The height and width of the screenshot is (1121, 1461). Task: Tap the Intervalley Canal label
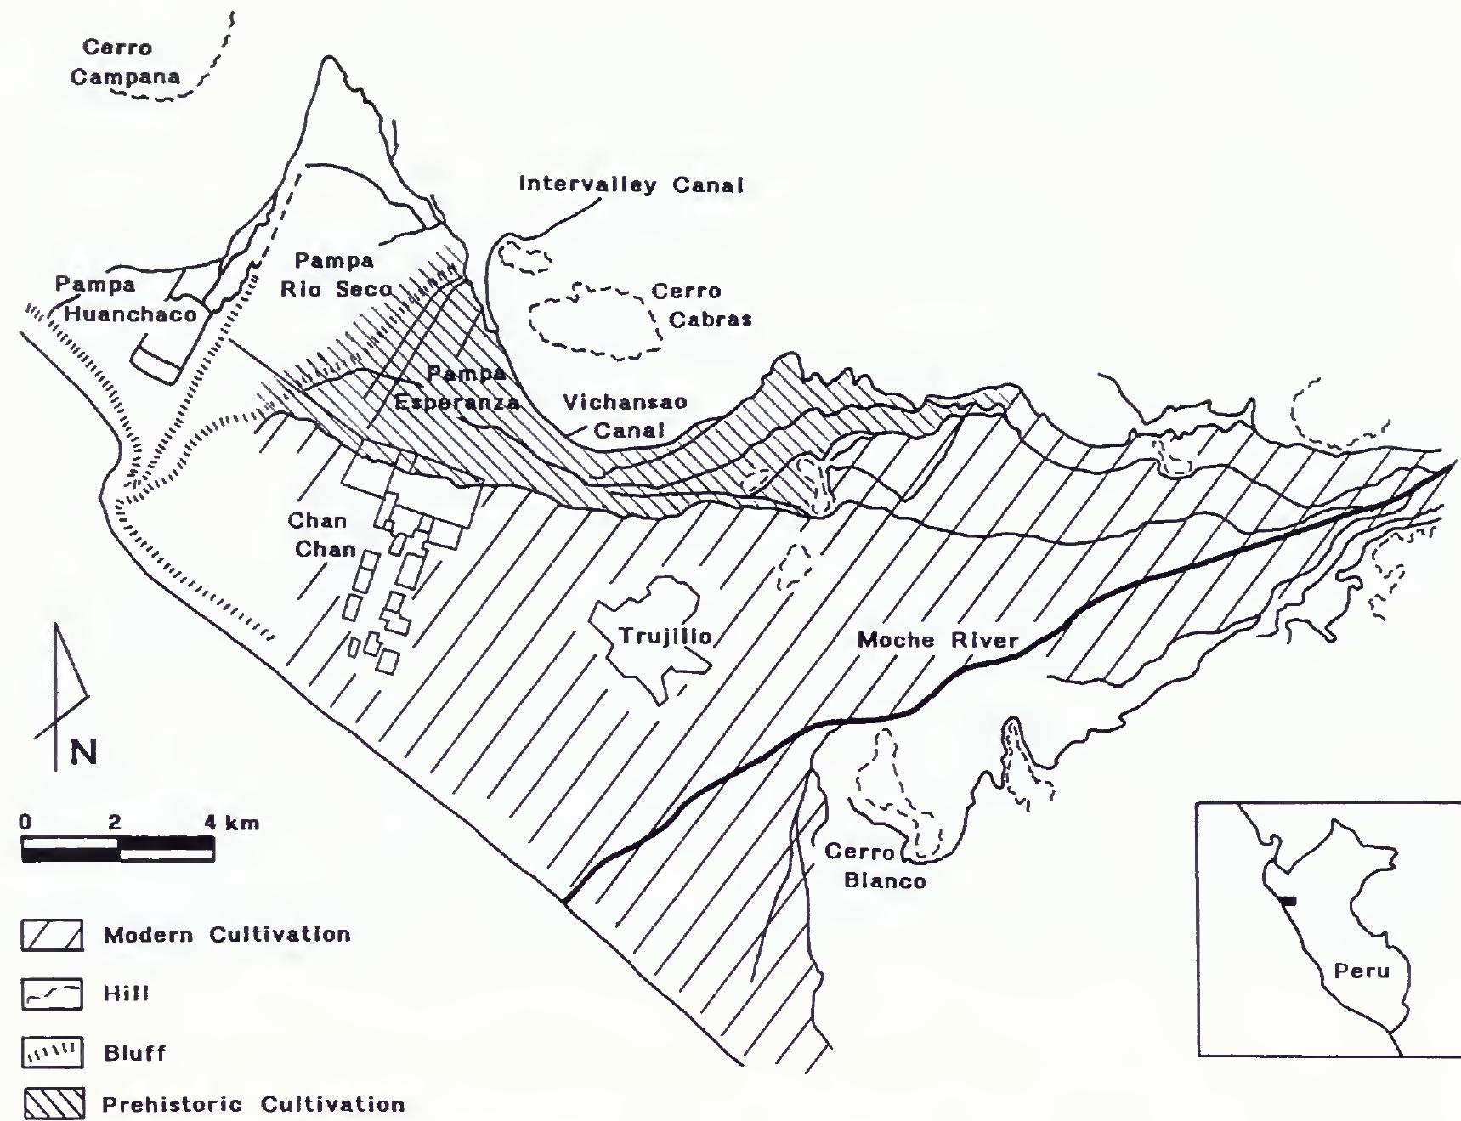(631, 184)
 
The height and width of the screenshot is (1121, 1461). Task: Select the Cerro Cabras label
(701, 305)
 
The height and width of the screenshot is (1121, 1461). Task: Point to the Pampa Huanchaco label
(126, 299)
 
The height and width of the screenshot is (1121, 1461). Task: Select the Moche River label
(937, 640)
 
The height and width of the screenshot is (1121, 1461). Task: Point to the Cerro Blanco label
(884, 866)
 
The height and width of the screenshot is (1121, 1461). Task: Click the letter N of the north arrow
(83, 753)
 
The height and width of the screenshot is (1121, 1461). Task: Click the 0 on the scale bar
(25, 823)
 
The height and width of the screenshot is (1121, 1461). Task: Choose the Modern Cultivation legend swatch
(51, 936)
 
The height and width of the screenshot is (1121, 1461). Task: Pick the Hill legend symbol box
(51, 994)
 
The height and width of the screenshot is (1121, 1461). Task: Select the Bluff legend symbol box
(51, 1054)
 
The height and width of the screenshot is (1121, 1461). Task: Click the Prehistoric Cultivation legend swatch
(51, 1105)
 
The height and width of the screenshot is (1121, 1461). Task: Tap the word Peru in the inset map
(1361, 971)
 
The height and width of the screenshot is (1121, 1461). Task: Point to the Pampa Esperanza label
(459, 388)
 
